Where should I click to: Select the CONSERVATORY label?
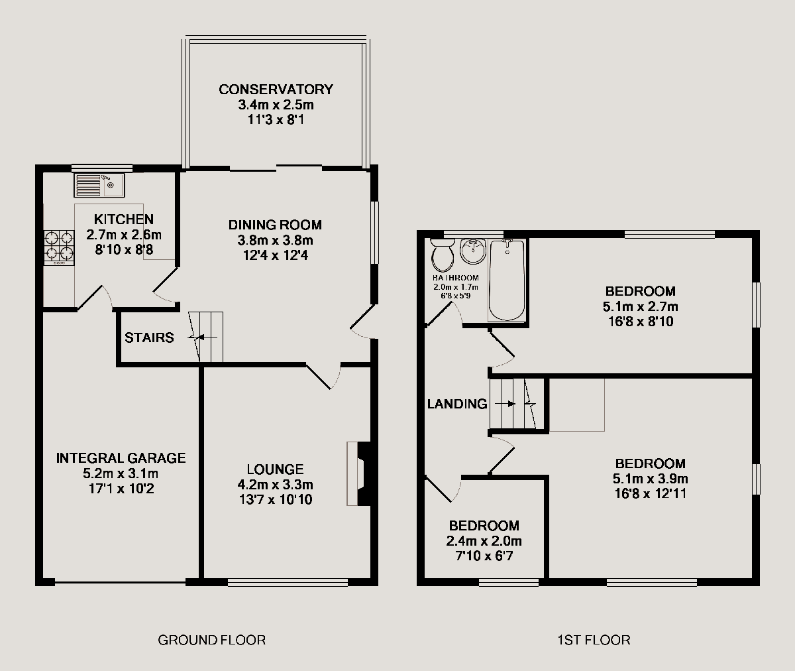(276, 90)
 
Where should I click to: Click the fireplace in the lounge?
(357, 474)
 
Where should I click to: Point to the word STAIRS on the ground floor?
(149, 338)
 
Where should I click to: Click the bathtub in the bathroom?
(507, 281)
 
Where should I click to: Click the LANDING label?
(457, 404)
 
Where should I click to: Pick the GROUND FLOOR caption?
(211, 640)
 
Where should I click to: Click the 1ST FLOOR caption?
(594, 640)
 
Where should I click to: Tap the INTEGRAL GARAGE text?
(121, 458)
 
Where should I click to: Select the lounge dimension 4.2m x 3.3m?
(276, 485)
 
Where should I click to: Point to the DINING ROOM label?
(275, 225)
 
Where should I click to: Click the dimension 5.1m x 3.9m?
(650, 479)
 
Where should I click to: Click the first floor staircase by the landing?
(516, 404)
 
